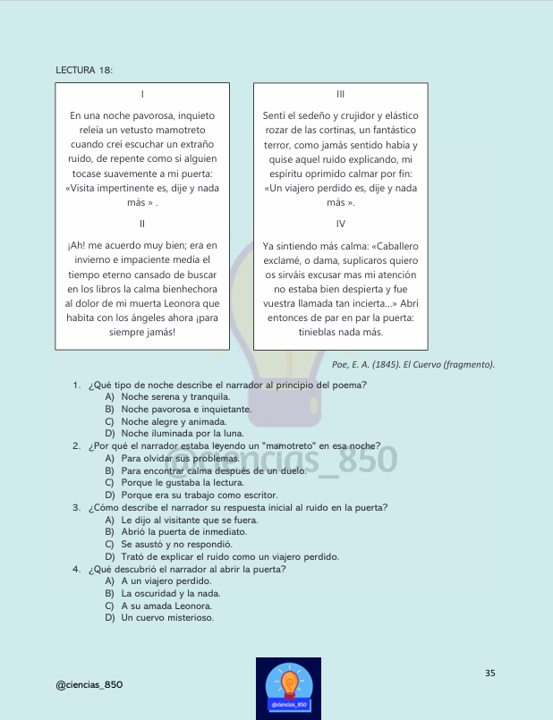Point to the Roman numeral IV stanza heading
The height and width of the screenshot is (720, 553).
coord(340,224)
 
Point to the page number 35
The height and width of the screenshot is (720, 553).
coord(490,673)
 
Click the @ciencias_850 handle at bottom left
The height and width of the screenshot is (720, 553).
coord(89,685)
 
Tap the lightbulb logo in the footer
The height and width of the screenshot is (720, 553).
coord(288,687)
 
